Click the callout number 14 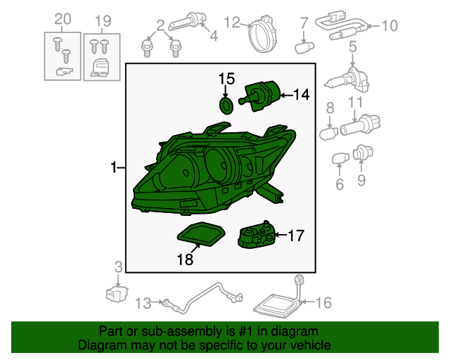pyautogui.click(x=302, y=94)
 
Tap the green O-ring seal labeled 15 pyautogui.click(x=226, y=105)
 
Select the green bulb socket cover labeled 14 pyautogui.click(x=259, y=96)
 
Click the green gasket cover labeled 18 pyautogui.click(x=201, y=233)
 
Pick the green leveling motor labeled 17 pyautogui.click(x=256, y=236)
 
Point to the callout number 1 pyautogui.click(x=114, y=167)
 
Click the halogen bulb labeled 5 pyautogui.click(x=347, y=80)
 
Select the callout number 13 pyautogui.click(x=143, y=303)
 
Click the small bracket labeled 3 pyautogui.click(x=117, y=293)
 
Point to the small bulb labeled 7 pyautogui.click(x=304, y=47)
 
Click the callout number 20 pyautogui.click(x=63, y=19)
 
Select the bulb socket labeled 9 pyautogui.click(x=363, y=153)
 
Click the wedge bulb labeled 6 pyautogui.click(x=340, y=158)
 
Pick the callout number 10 pyautogui.click(x=390, y=25)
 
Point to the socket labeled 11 pyautogui.click(x=360, y=125)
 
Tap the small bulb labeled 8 pyautogui.click(x=329, y=134)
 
